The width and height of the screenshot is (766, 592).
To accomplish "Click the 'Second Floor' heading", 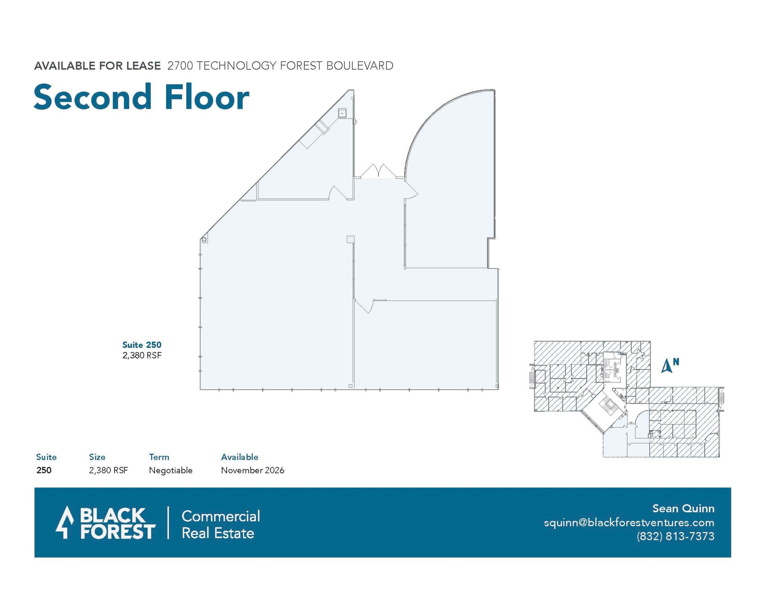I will click(x=141, y=97).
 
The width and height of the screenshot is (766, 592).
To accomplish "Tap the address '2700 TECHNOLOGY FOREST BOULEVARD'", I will click(x=280, y=66).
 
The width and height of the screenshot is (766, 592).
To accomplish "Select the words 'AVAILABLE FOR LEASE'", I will click(x=97, y=66).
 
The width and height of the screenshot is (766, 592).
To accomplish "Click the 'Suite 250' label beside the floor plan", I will click(x=142, y=345).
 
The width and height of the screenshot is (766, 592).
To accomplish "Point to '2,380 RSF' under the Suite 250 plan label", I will click(x=142, y=355).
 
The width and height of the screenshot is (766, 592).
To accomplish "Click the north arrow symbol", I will click(x=667, y=366).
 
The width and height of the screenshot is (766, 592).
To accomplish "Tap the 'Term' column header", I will click(x=159, y=457).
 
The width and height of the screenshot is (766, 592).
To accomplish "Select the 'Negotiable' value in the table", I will click(x=171, y=470).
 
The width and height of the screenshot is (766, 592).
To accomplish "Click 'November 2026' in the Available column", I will click(x=252, y=470).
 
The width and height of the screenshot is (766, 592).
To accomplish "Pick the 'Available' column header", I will click(x=239, y=457).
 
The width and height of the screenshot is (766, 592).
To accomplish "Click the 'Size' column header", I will click(x=97, y=457).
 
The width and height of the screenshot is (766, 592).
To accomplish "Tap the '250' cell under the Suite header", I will click(x=44, y=470).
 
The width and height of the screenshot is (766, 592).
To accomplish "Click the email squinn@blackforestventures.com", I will click(x=629, y=522).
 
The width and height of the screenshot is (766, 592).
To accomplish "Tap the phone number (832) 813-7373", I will click(x=675, y=536).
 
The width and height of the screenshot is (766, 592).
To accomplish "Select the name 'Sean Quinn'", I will click(x=683, y=509).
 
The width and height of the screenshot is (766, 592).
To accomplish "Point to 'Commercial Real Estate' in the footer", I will click(x=220, y=524).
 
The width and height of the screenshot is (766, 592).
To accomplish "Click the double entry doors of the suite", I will click(x=379, y=172).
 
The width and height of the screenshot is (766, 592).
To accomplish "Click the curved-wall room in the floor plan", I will click(x=453, y=187).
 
